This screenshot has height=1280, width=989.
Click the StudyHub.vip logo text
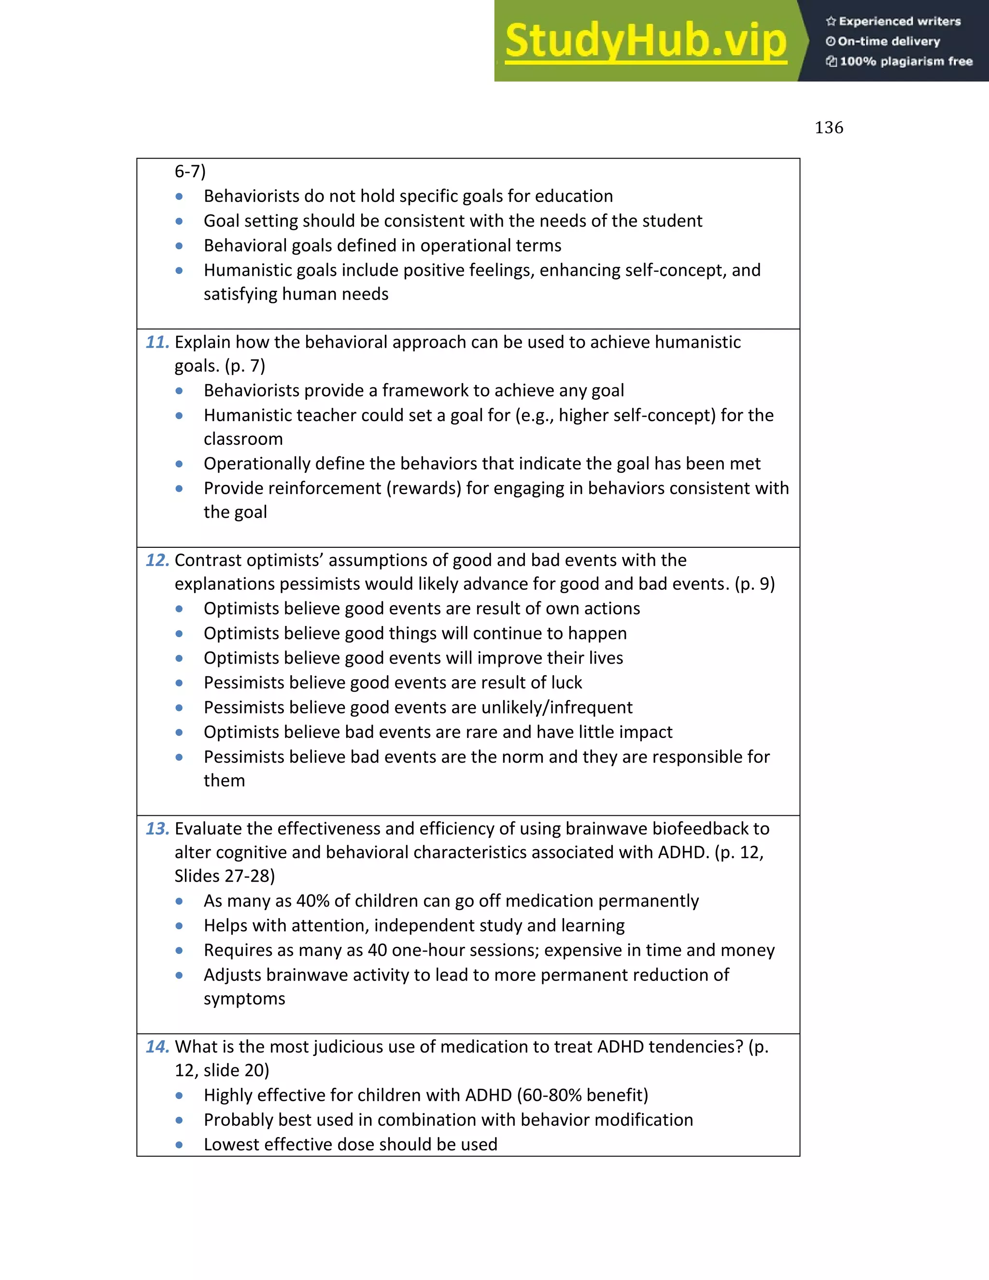645,41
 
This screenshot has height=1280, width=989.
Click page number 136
829,128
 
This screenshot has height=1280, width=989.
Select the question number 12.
157,560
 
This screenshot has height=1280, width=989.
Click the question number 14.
157,1046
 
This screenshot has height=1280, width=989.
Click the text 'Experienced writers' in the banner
899,22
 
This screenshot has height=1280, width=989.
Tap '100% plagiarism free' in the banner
906,61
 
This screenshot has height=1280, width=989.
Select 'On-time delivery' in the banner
889,42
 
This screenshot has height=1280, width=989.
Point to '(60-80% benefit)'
582,1095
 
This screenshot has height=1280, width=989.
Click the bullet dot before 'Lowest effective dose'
179,1145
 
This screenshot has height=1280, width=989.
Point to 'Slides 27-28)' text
225,876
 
